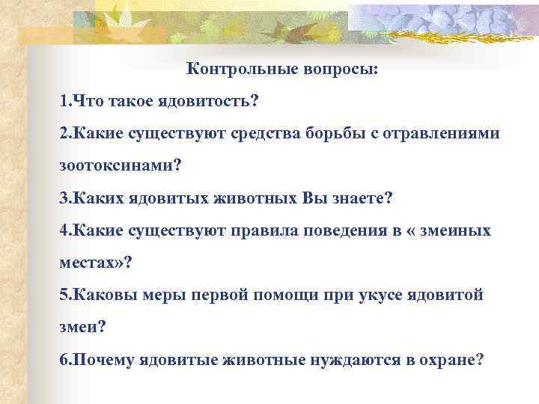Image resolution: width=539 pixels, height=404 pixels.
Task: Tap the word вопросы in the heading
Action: (339, 70)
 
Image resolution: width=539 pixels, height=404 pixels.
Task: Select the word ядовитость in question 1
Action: (210, 101)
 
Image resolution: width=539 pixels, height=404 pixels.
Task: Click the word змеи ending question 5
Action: (79, 327)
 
